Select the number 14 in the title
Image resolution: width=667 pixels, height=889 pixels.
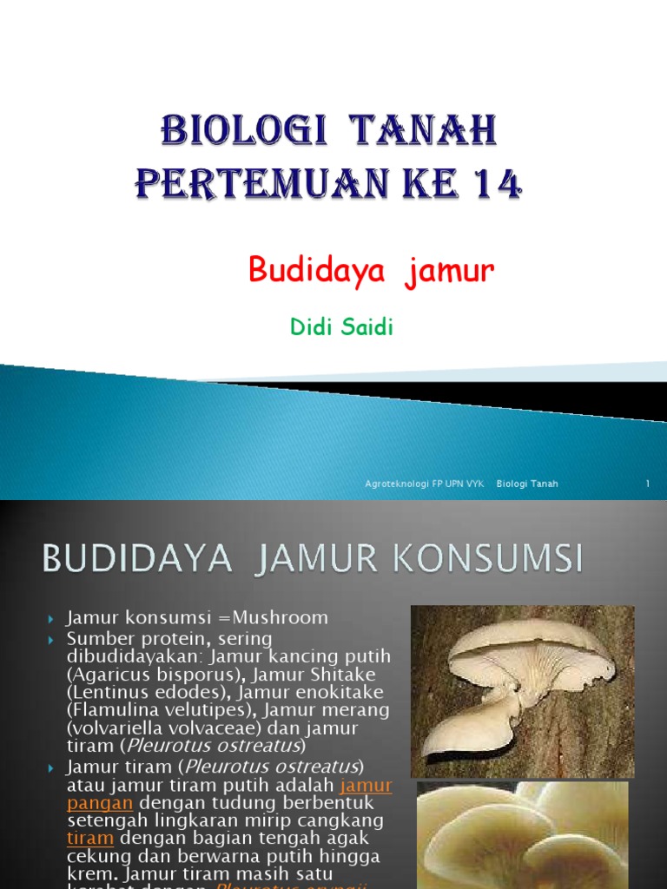[x=492, y=183]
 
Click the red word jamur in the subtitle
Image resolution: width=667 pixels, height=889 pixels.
[x=448, y=272]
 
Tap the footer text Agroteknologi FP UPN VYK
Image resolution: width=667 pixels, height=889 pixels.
[x=425, y=484]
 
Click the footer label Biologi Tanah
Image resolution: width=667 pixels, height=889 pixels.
[x=527, y=484]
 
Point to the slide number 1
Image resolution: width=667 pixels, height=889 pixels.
[x=647, y=484]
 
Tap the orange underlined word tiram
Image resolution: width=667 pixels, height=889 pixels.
[x=90, y=838]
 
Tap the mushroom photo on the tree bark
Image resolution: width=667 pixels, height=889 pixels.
[x=522, y=691]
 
